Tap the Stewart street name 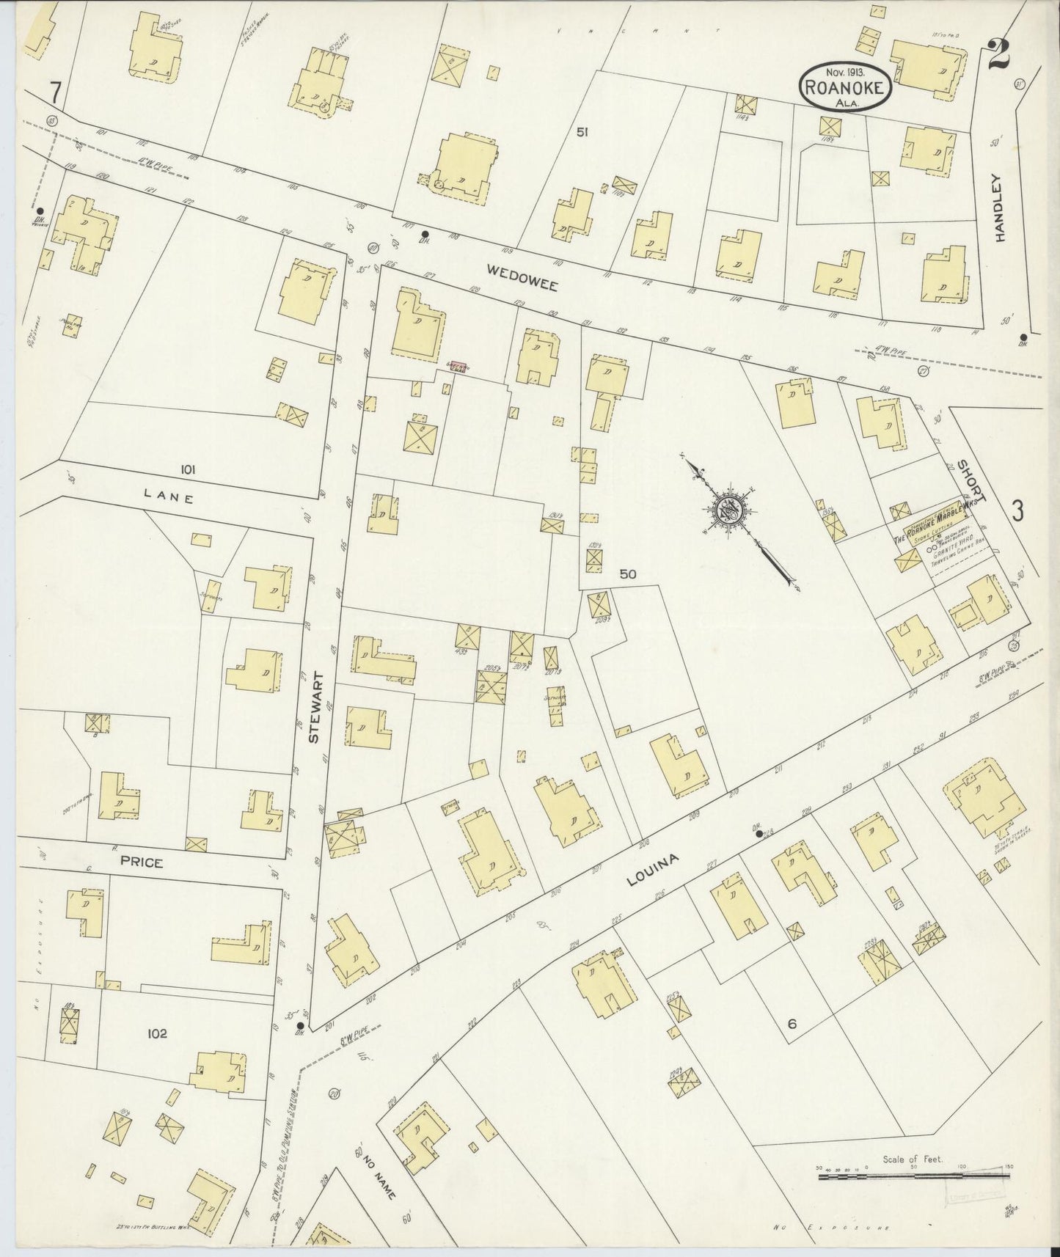316,708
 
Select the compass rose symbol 728,510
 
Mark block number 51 582,132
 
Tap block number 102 157,1033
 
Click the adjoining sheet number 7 53,93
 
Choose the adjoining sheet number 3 1018,510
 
